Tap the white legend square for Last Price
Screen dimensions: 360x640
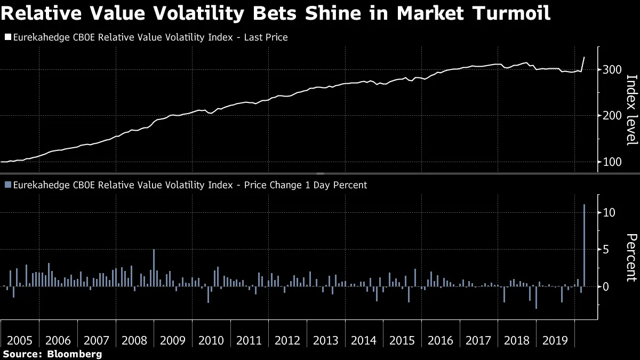(7, 37)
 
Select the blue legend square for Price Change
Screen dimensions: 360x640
(7, 185)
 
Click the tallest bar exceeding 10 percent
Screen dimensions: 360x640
(585, 245)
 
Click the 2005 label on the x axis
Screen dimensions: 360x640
(20, 341)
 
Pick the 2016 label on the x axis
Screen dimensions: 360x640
(441, 341)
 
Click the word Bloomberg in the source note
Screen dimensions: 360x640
(75, 354)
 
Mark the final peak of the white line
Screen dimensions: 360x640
(585, 57)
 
